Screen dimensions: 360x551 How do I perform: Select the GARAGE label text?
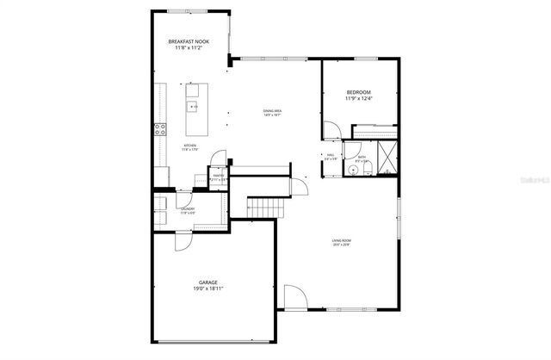[x=207, y=282]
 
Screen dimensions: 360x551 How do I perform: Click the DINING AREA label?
[x=273, y=110]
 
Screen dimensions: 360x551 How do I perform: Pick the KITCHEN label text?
[x=189, y=146]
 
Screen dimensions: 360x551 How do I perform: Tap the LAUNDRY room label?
[x=187, y=208]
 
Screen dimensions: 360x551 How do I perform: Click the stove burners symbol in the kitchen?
[x=160, y=130]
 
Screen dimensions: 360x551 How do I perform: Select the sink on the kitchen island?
[x=194, y=108]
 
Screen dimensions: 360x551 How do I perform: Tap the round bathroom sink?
[x=353, y=171]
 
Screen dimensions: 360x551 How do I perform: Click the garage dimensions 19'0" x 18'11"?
[x=207, y=289]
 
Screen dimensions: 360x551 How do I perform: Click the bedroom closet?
[x=375, y=131]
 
